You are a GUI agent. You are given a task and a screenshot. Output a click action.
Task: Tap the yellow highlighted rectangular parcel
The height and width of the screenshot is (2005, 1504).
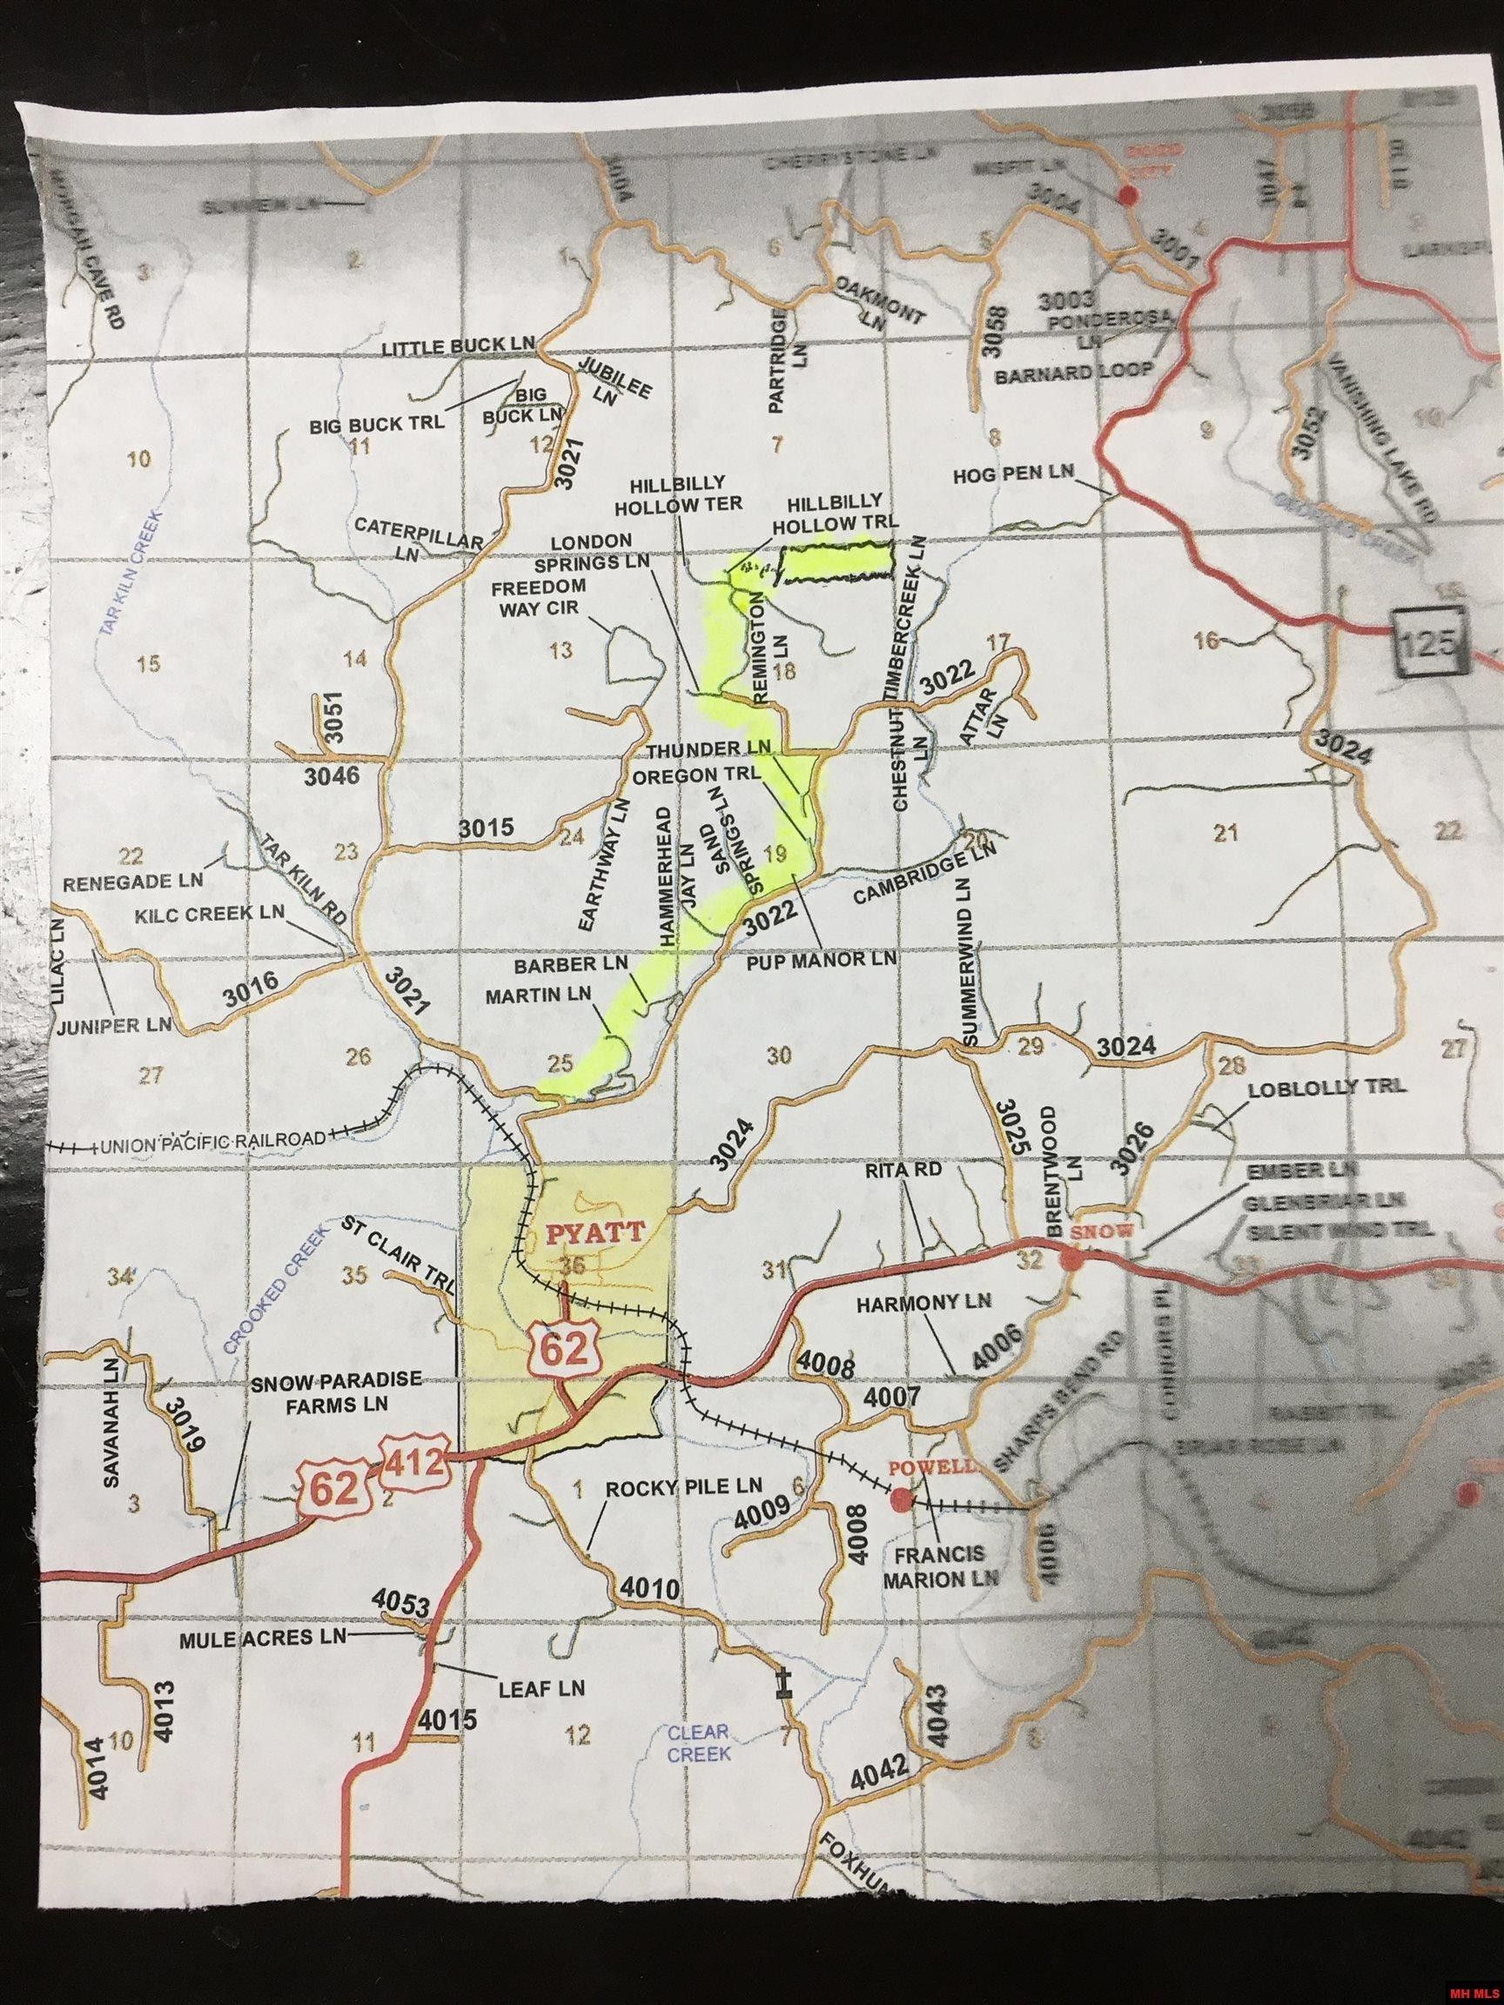coord(834,565)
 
